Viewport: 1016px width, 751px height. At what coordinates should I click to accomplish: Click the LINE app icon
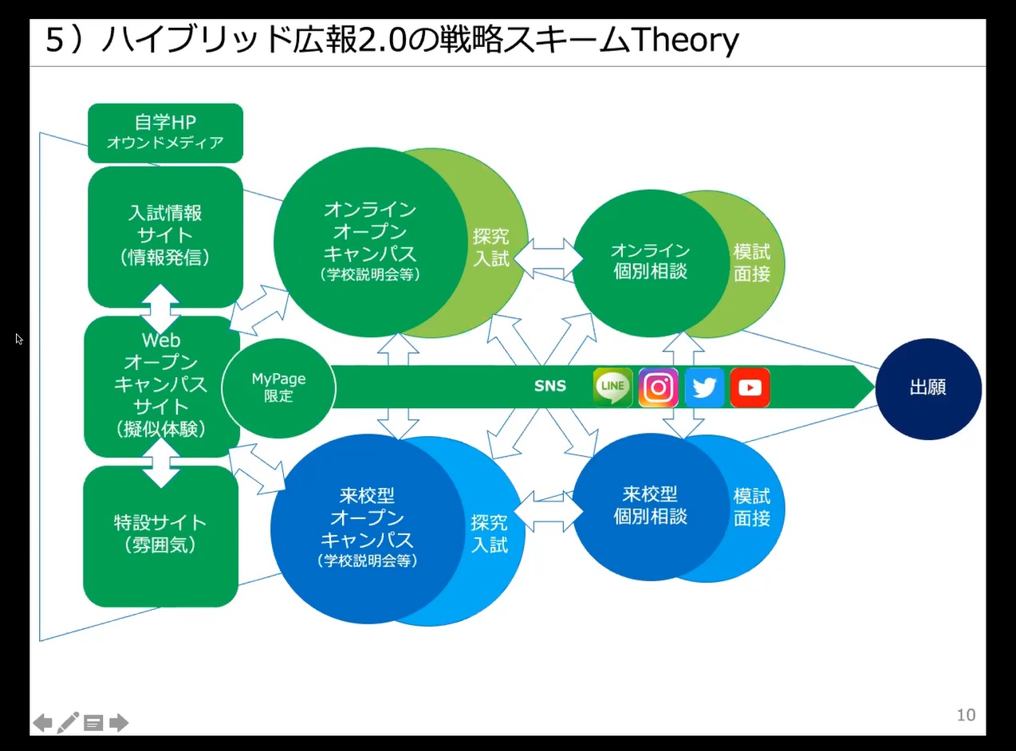(x=612, y=387)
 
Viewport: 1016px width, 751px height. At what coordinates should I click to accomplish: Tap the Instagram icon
(x=658, y=387)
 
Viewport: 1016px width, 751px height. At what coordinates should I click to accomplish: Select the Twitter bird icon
(x=704, y=387)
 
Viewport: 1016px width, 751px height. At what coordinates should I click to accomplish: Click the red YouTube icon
(x=750, y=387)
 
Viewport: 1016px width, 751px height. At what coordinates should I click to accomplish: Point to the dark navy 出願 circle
(x=928, y=389)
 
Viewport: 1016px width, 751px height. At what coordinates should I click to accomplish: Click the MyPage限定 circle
(x=278, y=388)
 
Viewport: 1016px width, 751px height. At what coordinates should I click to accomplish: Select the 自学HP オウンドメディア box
(x=165, y=133)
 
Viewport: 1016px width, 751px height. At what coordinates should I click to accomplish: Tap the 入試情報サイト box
(x=165, y=237)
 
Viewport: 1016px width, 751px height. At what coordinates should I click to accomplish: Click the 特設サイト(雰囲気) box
(x=161, y=537)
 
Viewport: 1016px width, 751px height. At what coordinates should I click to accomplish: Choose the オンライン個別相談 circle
(x=651, y=263)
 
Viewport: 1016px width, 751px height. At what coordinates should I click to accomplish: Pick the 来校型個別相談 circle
(x=651, y=507)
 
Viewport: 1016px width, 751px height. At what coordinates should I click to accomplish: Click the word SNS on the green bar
(x=550, y=386)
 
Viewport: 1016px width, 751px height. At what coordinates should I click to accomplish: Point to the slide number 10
(x=966, y=715)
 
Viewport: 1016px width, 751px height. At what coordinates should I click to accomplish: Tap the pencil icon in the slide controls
(x=68, y=722)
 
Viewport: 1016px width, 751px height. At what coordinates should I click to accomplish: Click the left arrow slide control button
(x=42, y=723)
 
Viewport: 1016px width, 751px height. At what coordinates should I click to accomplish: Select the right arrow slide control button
(x=119, y=723)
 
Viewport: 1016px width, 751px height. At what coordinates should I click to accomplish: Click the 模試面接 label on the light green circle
(x=752, y=263)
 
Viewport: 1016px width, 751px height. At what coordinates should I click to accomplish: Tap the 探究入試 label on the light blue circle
(x=489, y=533)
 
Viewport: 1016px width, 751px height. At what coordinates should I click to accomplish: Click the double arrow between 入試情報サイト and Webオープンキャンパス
(x=160, y=309)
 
